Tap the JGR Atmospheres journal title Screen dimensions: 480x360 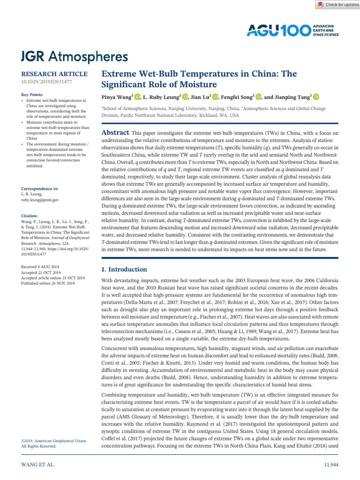pyautogui.click(x=75, y=57)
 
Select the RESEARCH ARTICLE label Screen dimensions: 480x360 pyautogui.click(x=54, y=74)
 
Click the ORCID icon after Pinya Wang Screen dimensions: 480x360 pyautogui.click(x=137, y=97)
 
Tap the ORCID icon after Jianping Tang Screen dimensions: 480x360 pyautogui.click(x=315, y=97)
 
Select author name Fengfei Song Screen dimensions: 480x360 pyautogui.click(x=238, y=97)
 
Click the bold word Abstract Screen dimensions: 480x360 pyautogui.click(x=116, y=133)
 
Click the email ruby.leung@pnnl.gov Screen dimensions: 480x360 pyautogui.click(x=40, y=200)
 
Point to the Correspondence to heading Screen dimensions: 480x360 pyautogui.click(x=40, y=188)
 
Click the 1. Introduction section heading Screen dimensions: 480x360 pyautogui.click(x=125, y=270)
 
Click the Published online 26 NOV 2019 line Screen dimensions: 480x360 pyautogui.click(x=48, y=283)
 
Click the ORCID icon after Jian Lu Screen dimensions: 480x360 pyautogui.click(x=215, y=97)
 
